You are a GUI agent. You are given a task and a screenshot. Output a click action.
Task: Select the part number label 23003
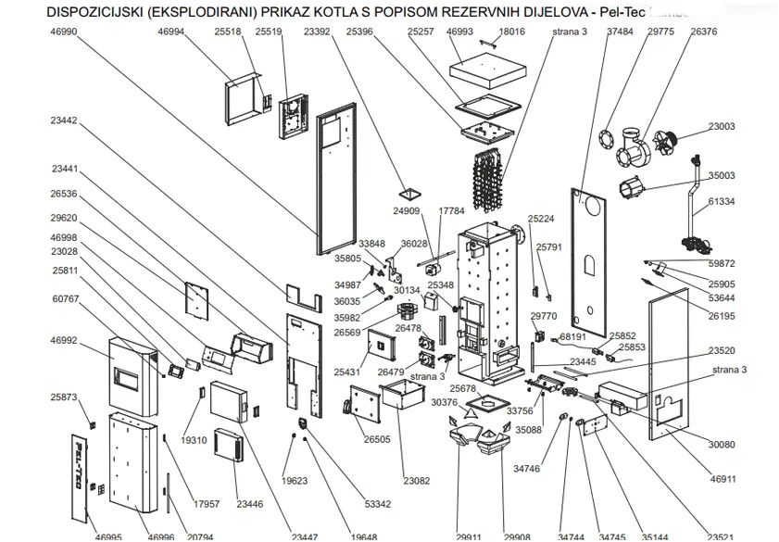(x=722, y=127)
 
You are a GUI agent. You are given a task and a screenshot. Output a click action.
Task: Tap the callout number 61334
(x=722, y=201)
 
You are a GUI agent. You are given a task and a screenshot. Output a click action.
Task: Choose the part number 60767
(x=65, y=299)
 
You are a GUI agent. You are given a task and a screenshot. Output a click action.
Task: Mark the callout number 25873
(x=64, y=397)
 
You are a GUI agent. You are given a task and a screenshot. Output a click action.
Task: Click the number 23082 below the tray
(x=417, y=480)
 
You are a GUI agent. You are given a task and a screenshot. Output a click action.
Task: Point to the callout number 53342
(x=378, y=504)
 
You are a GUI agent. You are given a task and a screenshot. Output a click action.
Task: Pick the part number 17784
(x=451, y=211)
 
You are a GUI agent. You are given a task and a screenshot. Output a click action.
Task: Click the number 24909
(x=407, y=211)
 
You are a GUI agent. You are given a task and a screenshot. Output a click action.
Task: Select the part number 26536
(x=64, y=194)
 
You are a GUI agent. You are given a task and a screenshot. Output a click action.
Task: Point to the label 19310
(x=195, y=440)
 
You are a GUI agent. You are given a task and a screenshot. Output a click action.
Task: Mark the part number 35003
(x=722, y=175)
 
